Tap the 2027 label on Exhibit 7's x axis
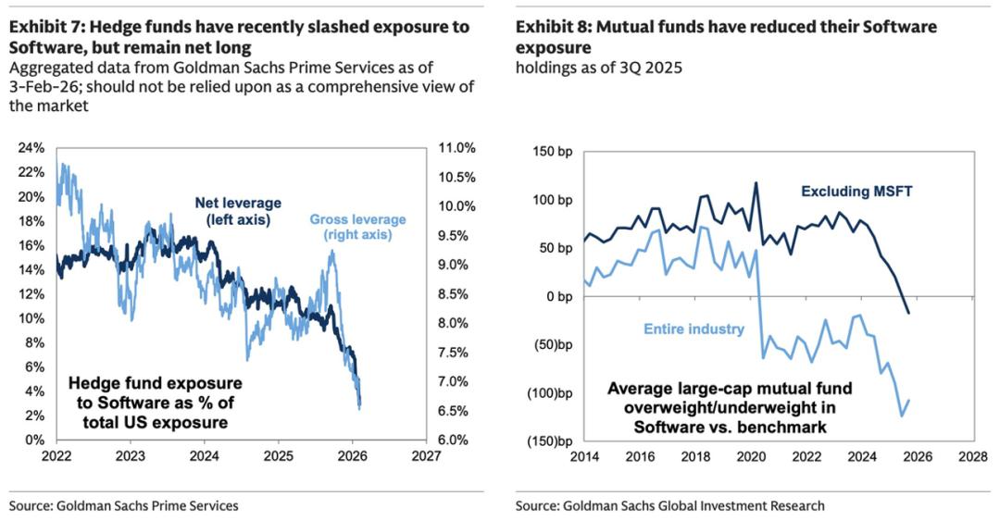(425, 456)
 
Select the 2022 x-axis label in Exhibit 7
(56, 456)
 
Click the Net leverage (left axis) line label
(237, 211)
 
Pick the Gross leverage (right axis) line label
(357, 227)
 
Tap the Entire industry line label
(693, 329)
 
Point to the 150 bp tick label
(554, 151)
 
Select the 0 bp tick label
(559, 296)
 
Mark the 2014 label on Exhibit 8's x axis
(584, 457)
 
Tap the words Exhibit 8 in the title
(554, 27)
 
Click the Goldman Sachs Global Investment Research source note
(670, 505)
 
